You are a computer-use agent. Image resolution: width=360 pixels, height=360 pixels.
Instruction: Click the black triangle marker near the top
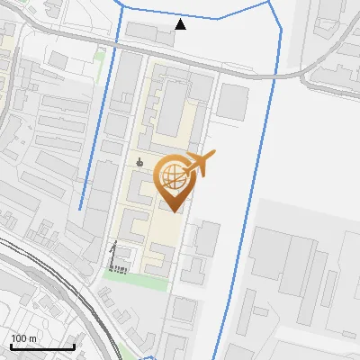(181, 24)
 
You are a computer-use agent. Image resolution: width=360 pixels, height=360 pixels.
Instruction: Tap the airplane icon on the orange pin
(199, 164)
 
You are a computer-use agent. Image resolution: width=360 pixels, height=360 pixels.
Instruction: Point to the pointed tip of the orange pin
(173, 211)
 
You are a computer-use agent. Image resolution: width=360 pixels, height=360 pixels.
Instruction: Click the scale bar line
(42, 347)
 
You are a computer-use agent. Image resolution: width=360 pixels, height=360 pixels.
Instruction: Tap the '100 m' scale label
(24, 338)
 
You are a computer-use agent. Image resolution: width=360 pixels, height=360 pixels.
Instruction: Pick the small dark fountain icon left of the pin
(139, 163)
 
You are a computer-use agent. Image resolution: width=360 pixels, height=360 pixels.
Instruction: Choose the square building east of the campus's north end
(233, 103)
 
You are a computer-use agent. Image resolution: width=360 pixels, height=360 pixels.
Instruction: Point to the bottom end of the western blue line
(81, 209)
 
